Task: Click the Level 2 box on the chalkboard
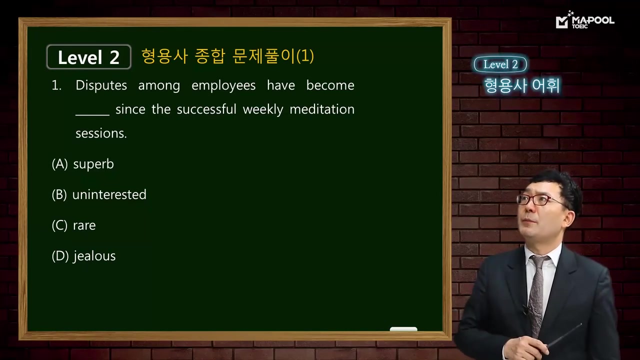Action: [x=88, y=57]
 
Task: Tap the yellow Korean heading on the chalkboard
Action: [x=227, y=56]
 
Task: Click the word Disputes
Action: [x=101, y=85]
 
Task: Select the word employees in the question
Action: [x=223, y=85]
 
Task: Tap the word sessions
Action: [x=101, y=133]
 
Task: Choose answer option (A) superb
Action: [x=83, y=164]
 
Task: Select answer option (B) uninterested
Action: [x=99, y=194]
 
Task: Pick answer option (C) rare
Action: [x=73, y=225]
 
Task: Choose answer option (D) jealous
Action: [x=83, y=256]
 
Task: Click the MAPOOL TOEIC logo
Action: [x=584, y=21]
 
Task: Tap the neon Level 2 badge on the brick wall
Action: [x=500, y=64]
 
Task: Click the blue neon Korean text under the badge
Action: [x=521, y=86]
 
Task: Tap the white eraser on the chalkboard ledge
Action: [x=403, y=329]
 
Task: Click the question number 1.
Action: [x=56, y=85]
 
